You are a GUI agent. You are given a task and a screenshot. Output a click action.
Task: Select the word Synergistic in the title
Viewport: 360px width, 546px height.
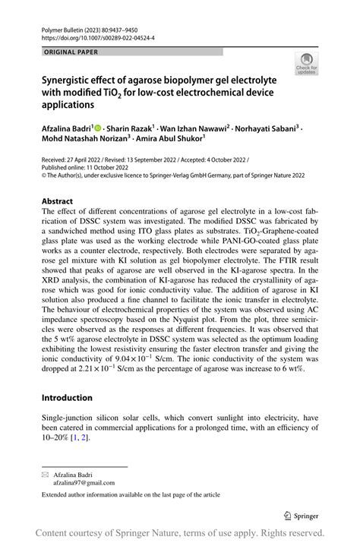coord(70,79)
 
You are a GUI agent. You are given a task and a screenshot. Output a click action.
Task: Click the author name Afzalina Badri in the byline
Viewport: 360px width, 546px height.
coord(66,130)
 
